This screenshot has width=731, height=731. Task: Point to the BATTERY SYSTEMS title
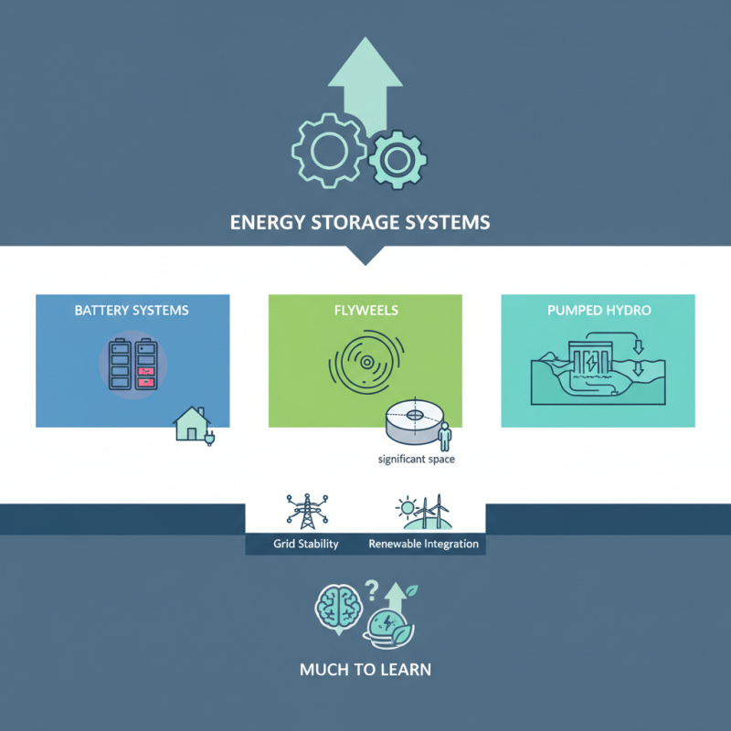click(132, 311)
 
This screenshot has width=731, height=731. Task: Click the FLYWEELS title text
click(365, 311)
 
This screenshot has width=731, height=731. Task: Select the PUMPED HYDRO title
click(599, 311)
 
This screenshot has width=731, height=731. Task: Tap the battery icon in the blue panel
click(132, 366)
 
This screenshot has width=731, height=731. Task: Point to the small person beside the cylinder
click(445, 436)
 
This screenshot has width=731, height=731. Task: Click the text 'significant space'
click(416, 460)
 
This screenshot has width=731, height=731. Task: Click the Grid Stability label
click(305, 544)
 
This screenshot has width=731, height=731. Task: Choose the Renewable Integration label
click(423, 544)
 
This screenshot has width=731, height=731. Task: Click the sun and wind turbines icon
click(423, 511)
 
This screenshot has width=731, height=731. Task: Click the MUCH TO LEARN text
click(365, 670)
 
